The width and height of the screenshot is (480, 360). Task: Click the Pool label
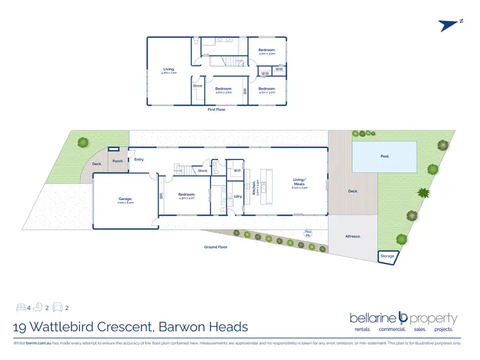point(384,155)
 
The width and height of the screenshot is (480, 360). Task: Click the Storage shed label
point(387,256)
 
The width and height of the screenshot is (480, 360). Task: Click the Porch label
point(118,161)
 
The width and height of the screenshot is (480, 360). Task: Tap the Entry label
point(139,159)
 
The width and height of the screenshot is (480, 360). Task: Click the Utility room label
point(237,196)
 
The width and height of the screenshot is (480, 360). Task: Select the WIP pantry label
point(236,171)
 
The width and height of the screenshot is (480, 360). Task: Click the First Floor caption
point(217,109)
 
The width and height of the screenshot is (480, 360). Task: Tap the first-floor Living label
point(169,69)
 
